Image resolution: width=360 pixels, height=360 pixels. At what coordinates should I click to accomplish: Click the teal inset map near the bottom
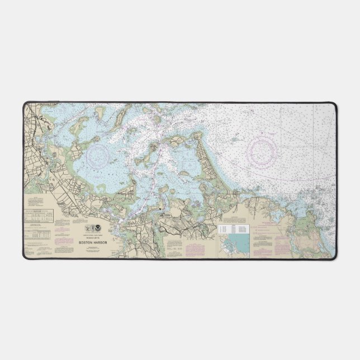click(234, 245)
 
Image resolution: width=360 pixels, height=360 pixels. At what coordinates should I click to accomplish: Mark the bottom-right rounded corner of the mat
click(334, 256)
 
